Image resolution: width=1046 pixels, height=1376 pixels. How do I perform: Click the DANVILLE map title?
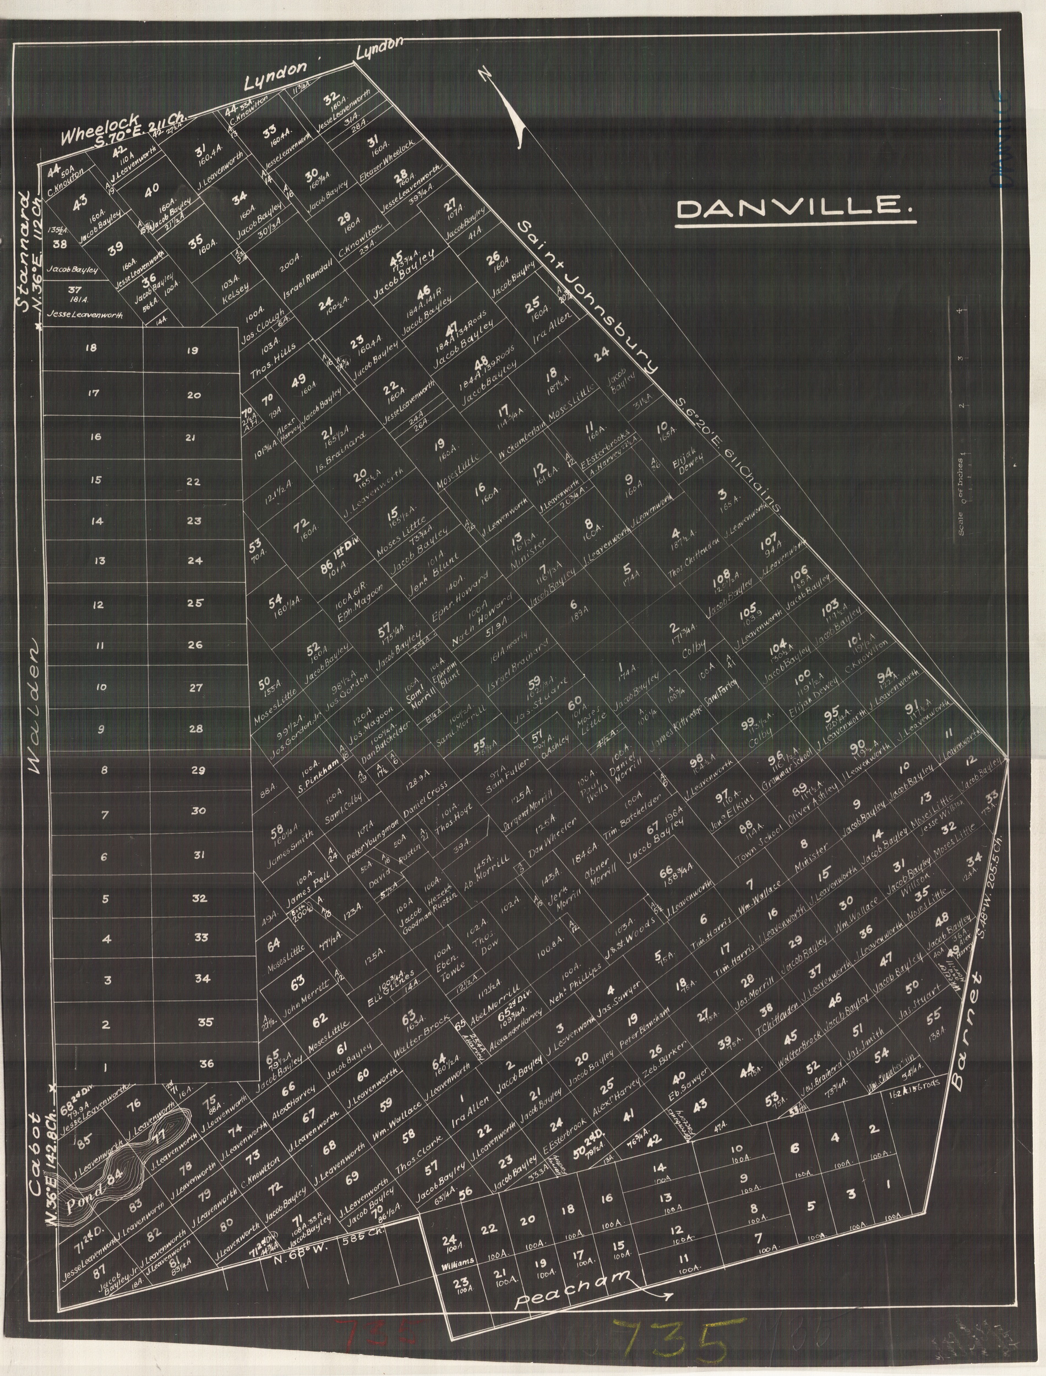pyautogui.click(x=795, y=209)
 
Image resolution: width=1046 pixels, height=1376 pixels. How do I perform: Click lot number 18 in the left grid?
pyautogui.click(x=91, y=348)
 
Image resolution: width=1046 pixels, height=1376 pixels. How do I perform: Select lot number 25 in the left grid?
pyautogui.click(x=194, y=603)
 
